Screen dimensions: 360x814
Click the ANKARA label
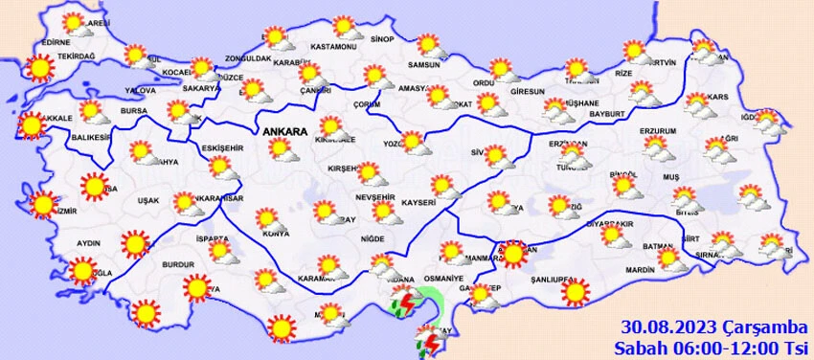[x=283, y=131]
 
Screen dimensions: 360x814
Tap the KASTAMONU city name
[x=334, y=47]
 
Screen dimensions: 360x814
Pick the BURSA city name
[x=133, y=111]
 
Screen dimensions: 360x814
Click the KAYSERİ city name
[x=419, y=204]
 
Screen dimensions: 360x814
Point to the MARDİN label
[x=639, y=270]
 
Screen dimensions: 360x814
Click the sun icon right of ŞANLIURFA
[x=575, y=291]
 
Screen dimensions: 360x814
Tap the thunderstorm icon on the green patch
[x=406, y=304]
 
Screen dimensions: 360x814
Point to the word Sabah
[x=637, y=346]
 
